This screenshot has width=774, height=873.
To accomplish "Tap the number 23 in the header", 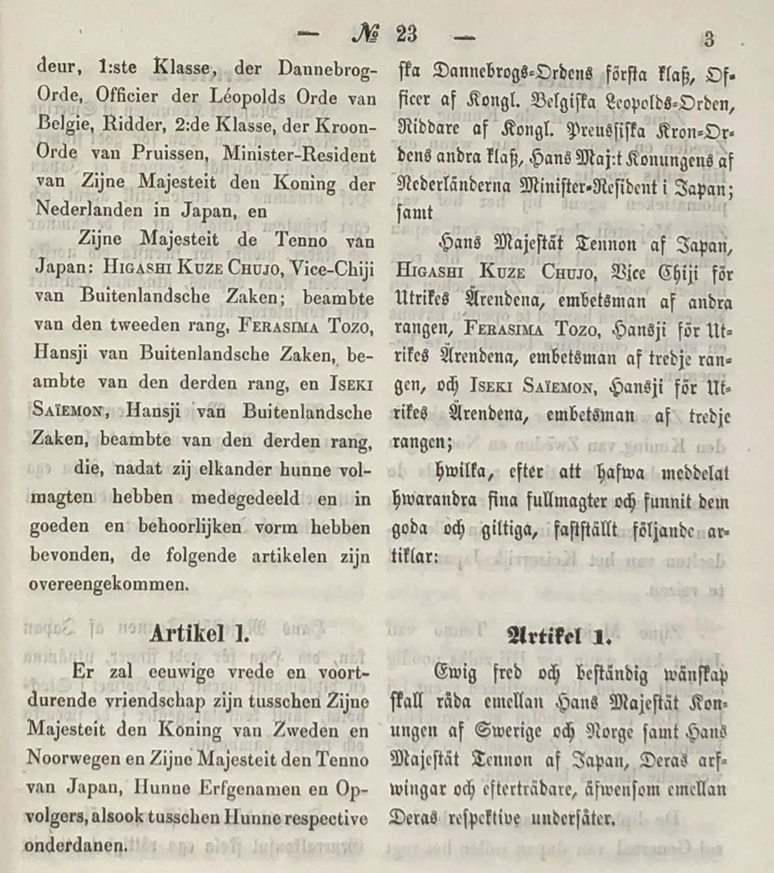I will coord(406,35).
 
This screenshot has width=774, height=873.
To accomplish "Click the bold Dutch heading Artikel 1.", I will coord(199,634).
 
